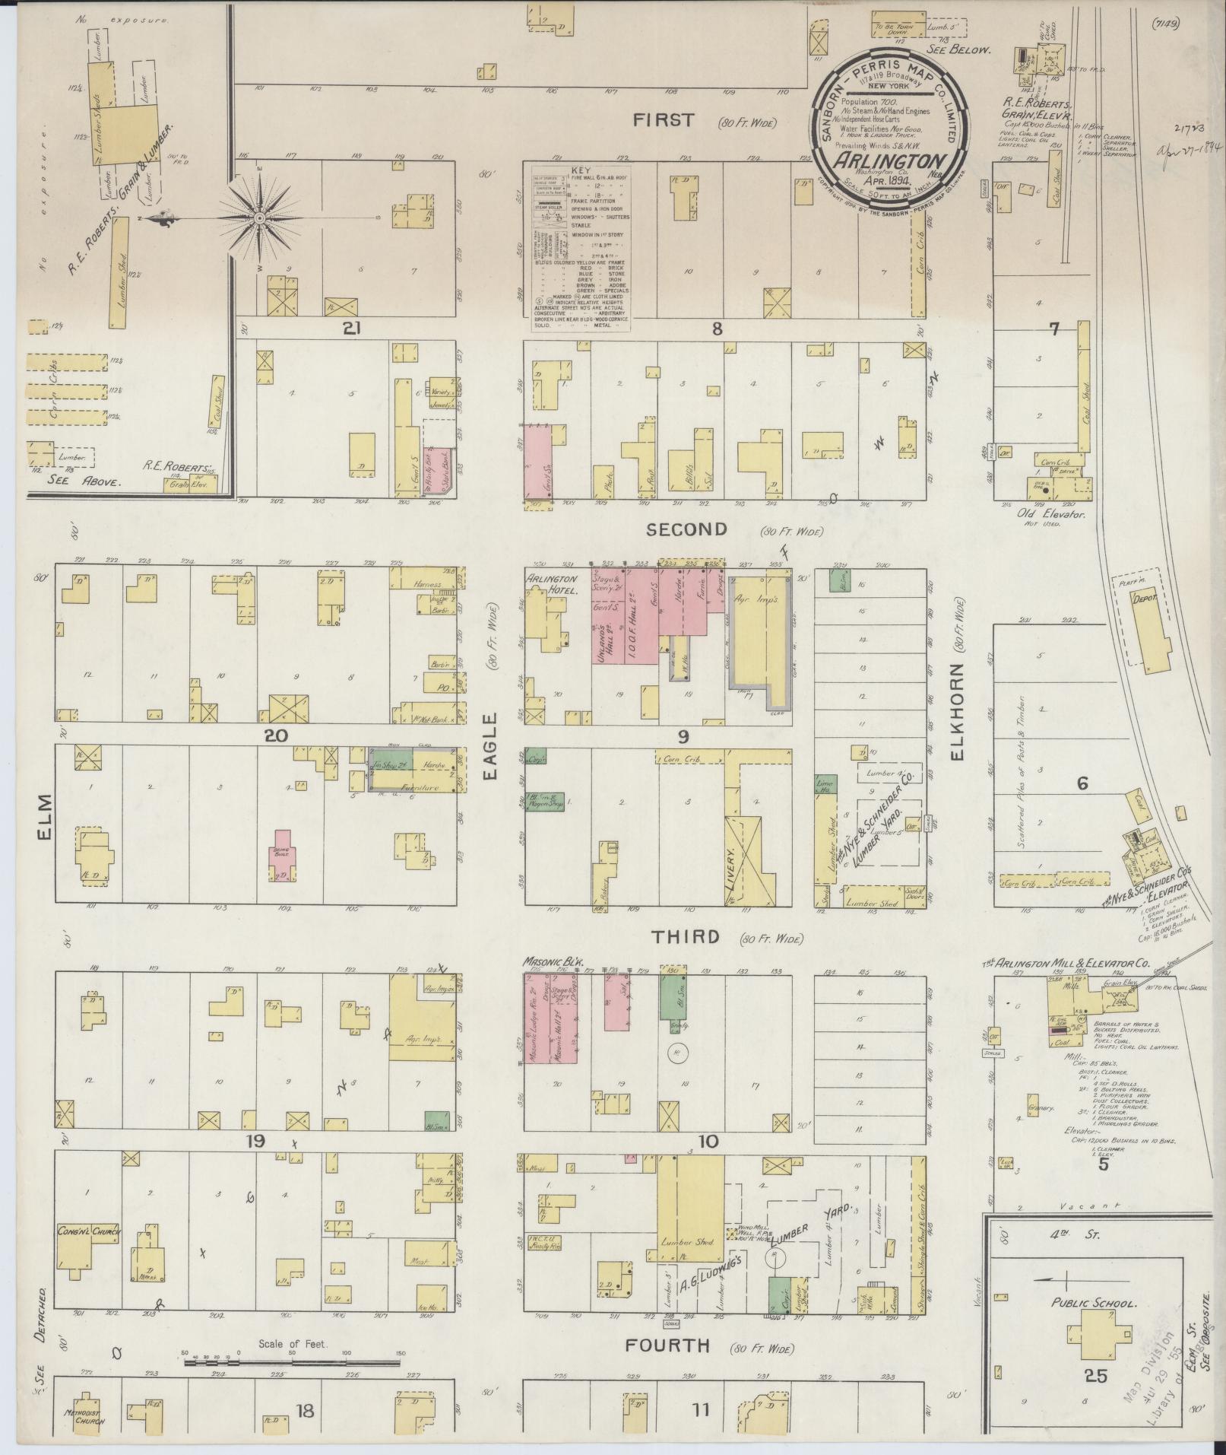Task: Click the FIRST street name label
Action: (x=665, y=120)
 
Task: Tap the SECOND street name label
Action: (x=686, y=529)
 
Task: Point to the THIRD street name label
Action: (x=684, y=936)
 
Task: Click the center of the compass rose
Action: (x=259, y=218)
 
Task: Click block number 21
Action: (x=350, y=329)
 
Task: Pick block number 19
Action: (x=255, y=1141)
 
